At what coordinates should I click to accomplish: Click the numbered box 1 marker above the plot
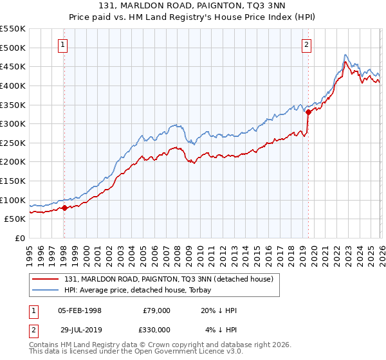pos(63,44)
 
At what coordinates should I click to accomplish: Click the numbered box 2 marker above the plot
pos(307,44)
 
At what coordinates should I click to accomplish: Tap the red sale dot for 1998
pos(64,208)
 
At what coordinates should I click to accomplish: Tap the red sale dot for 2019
pos(309,112)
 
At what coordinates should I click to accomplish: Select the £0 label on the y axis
pos(19,238)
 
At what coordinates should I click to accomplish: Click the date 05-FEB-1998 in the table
pos(79,310)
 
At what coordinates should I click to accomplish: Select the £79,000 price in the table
pos(156,310)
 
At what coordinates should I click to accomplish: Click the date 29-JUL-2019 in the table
pos(79,329)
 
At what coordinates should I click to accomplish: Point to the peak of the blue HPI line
pos(345,55)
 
